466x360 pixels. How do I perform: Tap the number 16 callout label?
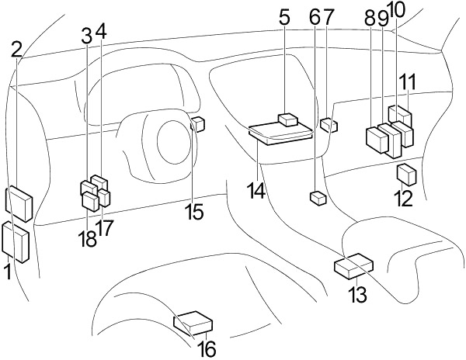pyautogui.click(x=206, y=350)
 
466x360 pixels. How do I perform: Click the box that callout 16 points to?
pyautogui.click(x=194, y=321)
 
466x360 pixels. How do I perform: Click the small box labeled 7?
pyautogui.click(x=328, y=124)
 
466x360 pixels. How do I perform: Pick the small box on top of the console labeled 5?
pyautogui.click(x=289, y=119)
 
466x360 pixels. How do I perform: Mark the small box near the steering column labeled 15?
pyautogui.click(x=198, y=123)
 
